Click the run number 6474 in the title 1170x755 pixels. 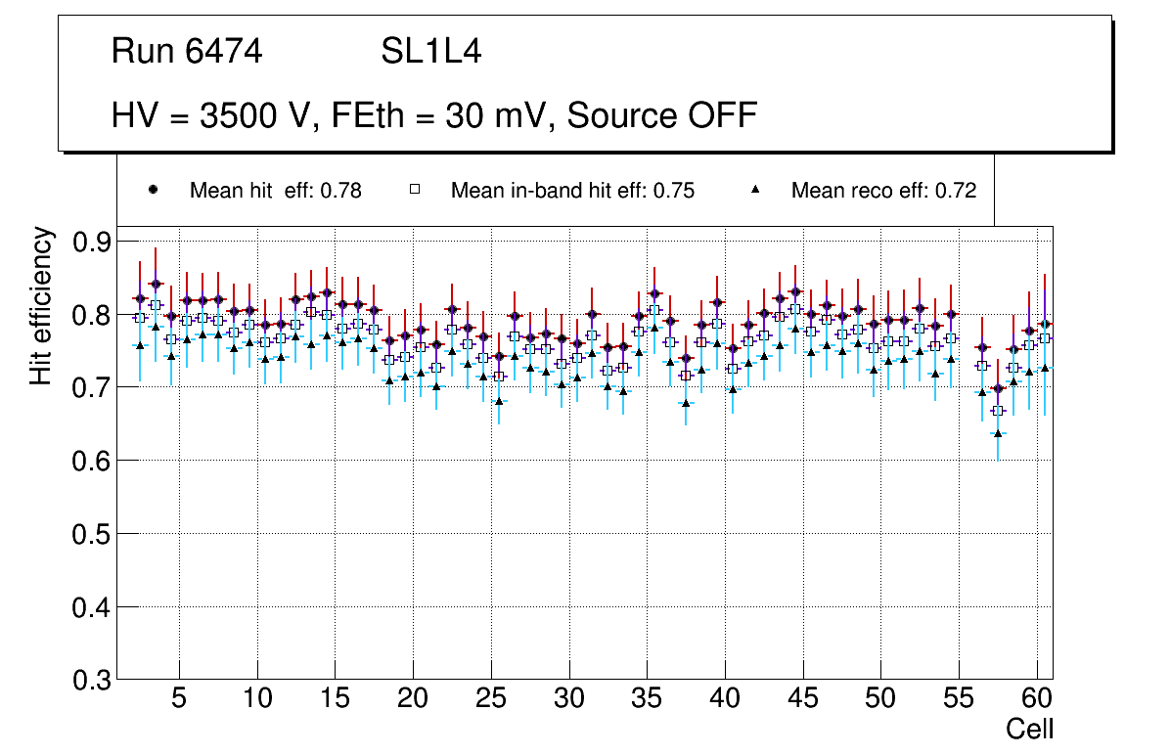point(224,52)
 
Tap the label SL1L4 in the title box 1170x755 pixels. point(430,52)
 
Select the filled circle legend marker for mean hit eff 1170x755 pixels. point(153,190)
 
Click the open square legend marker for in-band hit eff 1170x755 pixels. point(414,190)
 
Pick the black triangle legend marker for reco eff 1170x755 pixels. point(755,190)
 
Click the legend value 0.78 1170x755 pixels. point(341,191)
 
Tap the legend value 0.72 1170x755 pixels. point(956,191)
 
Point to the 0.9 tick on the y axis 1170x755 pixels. point(92,242)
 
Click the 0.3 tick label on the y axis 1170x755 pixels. point(92,680)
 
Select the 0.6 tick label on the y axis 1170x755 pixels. point(92,461)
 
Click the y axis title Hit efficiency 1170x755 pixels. point(41,305)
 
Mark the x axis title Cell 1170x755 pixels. point(1030,730)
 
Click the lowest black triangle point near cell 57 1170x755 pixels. point(998,433)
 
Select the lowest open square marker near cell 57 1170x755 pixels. point(998,410)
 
